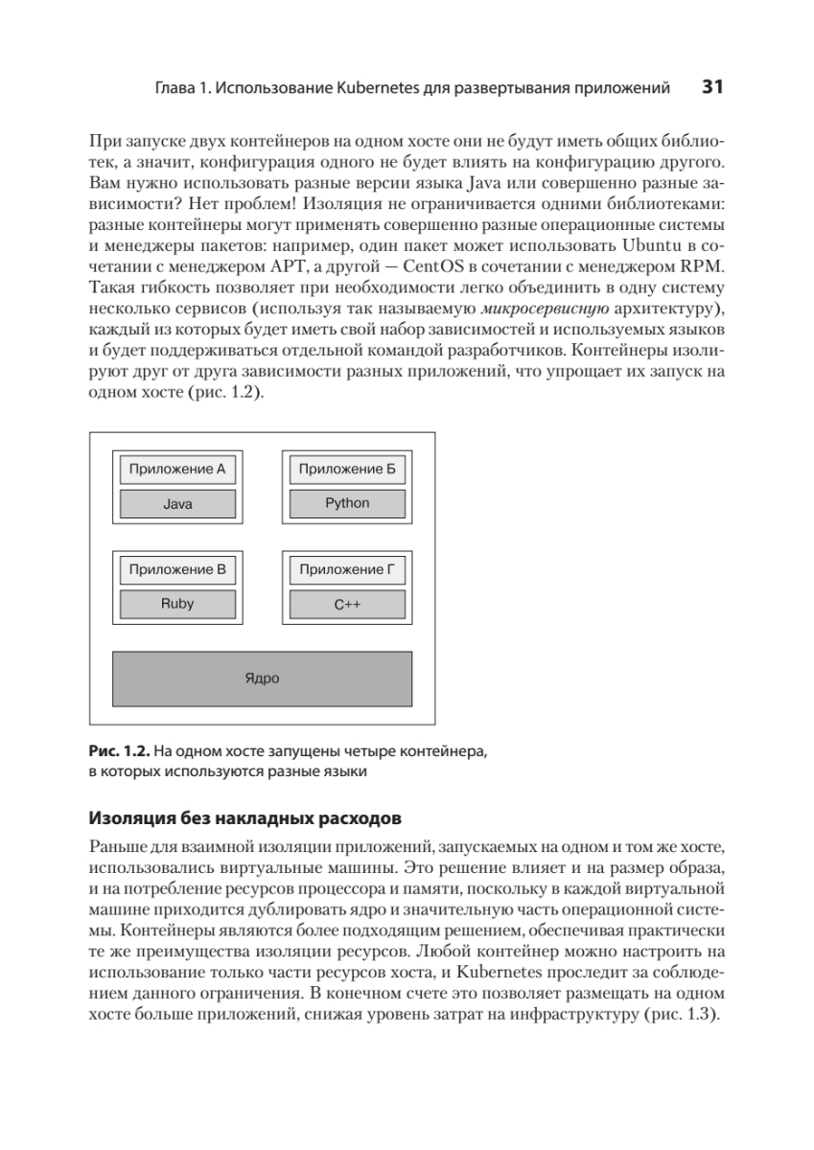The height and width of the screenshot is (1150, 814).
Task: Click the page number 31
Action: pos(711,88)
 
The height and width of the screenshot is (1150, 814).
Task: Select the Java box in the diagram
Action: pos(177,504)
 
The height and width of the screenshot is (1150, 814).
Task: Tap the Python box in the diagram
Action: pos(347,503)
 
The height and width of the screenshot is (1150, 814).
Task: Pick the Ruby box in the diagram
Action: pos(177,605)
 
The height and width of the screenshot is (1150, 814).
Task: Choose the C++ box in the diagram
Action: pos(347,605)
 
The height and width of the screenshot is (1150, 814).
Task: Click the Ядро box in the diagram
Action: pos(262,678)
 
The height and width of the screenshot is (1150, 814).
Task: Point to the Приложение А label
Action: pos(177,470)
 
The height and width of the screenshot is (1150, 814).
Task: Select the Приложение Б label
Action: pos(347,470)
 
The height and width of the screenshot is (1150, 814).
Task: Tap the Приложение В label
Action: pos(177,570)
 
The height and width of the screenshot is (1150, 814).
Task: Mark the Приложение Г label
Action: pos(347,570)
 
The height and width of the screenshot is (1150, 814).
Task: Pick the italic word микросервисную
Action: pos(545,307)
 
